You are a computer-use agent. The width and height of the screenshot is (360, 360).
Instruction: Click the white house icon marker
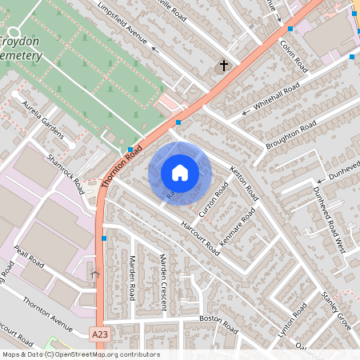(180, 173)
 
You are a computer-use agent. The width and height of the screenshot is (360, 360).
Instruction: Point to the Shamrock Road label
(66, 174)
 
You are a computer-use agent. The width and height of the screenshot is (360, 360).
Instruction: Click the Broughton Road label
(292, 134)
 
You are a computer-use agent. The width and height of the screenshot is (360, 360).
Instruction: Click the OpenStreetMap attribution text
(80, 354)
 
